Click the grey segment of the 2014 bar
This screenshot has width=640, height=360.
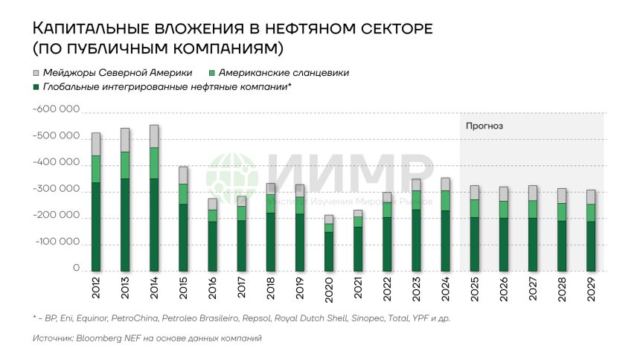154,136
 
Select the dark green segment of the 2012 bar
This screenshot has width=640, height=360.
96,227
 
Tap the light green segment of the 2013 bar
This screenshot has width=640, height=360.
125,165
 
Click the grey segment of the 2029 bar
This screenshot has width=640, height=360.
590,197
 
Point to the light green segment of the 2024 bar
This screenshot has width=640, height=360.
445,201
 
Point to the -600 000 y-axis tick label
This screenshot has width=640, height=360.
57,110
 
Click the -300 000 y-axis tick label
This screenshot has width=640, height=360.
57,190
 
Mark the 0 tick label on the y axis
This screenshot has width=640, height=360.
76,269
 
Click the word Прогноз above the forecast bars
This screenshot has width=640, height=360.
484,126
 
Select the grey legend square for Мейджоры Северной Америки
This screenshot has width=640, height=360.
36,73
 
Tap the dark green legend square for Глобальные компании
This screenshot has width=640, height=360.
36,87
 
